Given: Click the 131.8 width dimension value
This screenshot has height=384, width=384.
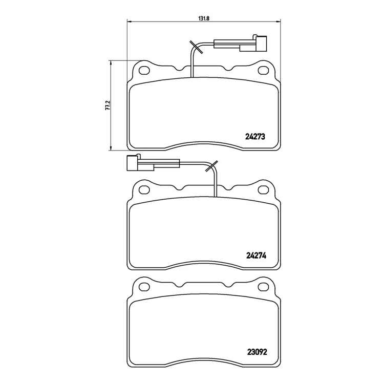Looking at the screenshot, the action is [203, 18].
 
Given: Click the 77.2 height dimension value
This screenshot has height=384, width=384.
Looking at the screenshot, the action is [108, 105].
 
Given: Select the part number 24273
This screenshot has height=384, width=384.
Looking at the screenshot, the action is [255, 137].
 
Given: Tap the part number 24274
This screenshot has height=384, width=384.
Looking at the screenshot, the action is [256, 255].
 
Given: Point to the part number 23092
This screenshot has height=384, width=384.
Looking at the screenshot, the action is [257, 352].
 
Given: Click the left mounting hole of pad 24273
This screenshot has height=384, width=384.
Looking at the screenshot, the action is [144, 71].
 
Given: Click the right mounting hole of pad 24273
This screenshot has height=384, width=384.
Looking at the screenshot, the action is [264, 71].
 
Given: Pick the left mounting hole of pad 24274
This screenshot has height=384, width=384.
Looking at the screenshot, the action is [144, 190].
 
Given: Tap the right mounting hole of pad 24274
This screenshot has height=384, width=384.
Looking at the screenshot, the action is [264, 190].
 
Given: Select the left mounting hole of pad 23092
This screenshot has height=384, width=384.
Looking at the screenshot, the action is [144, 287].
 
